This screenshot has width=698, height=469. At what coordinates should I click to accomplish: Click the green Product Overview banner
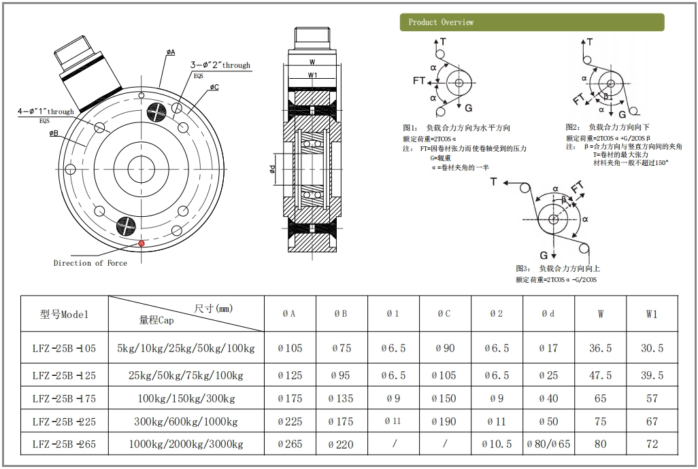click(531, 22)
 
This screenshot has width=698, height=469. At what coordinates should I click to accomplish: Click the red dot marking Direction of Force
click(142, 243)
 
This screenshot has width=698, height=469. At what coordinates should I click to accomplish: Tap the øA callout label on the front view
click(170, 52)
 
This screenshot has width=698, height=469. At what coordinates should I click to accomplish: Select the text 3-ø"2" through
click(221, 66)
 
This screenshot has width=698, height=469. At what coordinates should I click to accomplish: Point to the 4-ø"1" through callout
click(46, 111)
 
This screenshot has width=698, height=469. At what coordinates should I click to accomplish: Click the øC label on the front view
click(214, 87)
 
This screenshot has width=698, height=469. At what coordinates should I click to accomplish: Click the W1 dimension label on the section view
click(312, 74)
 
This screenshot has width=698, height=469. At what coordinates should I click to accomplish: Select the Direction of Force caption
click(90, 263)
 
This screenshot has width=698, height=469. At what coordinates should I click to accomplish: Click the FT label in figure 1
click(419, 80)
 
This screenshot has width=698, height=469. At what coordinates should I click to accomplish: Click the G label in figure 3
click(544, 255)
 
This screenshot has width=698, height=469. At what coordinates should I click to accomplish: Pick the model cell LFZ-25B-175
click(64, 398)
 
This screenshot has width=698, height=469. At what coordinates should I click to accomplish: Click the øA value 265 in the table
click(290, 445)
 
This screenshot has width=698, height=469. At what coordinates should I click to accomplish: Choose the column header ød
click(548, 314)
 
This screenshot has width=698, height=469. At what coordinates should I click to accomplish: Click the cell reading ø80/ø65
click(548, 445)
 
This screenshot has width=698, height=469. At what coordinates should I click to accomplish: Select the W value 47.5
click(600, 375)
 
